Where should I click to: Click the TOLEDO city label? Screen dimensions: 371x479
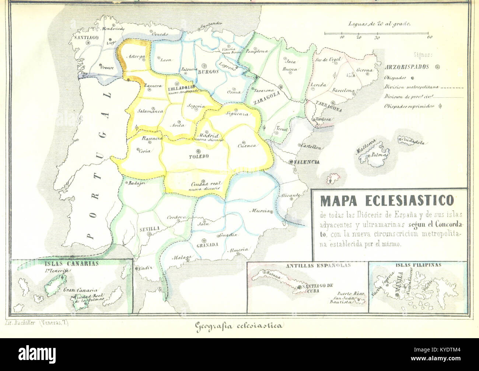[199, 156]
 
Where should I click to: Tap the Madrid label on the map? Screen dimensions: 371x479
[209, 135]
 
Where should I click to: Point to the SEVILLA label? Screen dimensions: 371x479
[150, 229]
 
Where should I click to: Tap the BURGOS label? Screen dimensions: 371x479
[208, 72]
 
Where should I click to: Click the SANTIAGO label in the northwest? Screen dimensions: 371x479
[85, 37]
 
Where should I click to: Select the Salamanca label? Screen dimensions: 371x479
[150, 111]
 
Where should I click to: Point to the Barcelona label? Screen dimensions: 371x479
[343, 90]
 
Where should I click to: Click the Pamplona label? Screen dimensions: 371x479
[257, 51]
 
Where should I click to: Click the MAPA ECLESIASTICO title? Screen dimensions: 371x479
[387, 200]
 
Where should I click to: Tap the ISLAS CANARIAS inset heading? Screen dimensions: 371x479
[72, 263]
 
